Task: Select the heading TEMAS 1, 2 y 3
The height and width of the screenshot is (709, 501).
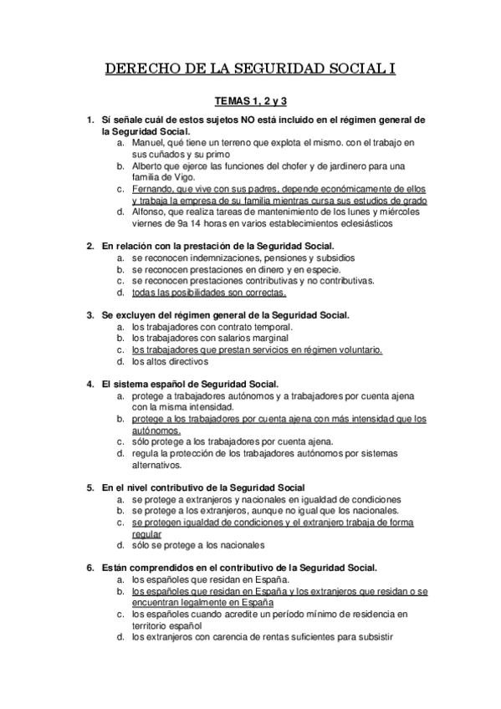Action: pos(250,101)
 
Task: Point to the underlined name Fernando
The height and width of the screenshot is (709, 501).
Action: pos(153,189)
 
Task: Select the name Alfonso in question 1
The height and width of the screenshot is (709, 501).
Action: pos(150,212)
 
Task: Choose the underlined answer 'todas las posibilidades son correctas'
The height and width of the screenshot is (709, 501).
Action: pos(208,293)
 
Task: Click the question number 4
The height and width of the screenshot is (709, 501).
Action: pos(90,385)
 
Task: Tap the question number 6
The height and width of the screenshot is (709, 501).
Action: pos(90,567)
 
